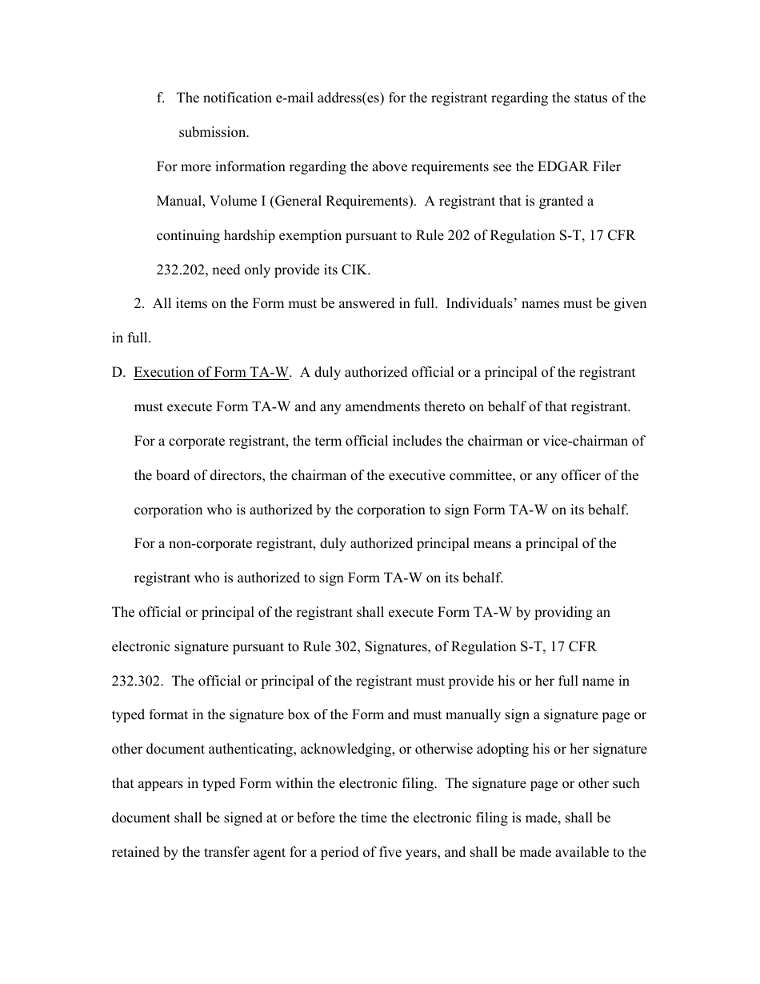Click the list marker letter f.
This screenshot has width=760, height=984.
[x=159, y=98]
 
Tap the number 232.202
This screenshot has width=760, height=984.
[x=182, y=270]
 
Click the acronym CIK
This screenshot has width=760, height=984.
[x=356, y=270]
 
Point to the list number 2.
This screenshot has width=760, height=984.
[x=138, y=304]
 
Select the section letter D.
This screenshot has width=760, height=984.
[x=118, y=373]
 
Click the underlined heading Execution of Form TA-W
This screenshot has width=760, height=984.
[x=210, y=373]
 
